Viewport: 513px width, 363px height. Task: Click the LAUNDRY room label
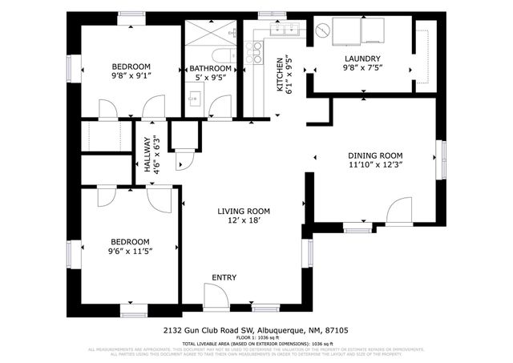click(362, 58)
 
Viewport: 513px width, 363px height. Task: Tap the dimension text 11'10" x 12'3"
click(374, 165)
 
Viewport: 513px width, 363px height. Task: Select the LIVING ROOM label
click(244, 212)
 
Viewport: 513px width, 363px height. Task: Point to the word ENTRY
click(224, 277)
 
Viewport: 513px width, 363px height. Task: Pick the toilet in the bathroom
click(223, 56)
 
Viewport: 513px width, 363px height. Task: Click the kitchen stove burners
click(254, 53)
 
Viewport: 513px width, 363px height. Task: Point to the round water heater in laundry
click(322, 31)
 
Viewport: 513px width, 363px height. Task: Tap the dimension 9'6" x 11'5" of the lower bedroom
click(130, 251)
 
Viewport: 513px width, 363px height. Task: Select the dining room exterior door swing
click(398, 212)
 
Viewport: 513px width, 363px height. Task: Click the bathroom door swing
click(221, 107)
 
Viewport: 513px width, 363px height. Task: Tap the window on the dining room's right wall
click(439, 160)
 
